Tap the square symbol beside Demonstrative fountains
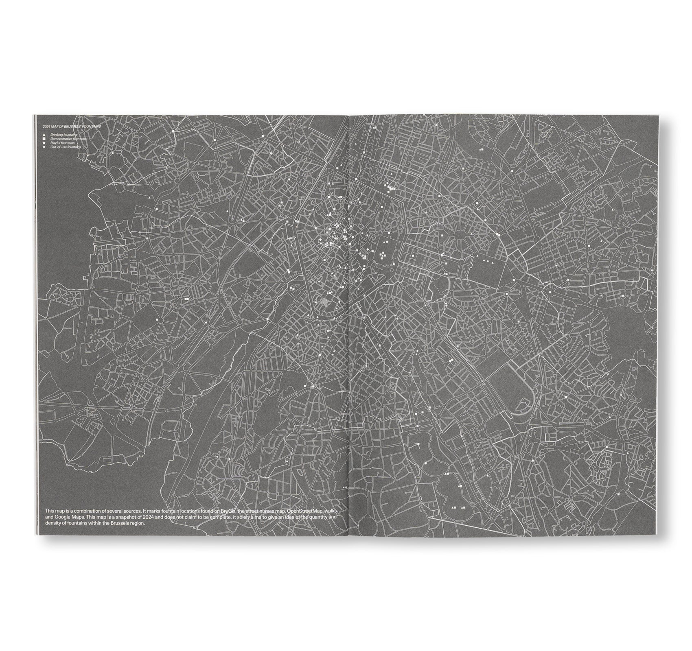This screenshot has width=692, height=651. (44, 138)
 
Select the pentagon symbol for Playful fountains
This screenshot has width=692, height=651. (44, 143)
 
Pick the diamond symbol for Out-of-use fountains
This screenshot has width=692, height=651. (44, 147)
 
